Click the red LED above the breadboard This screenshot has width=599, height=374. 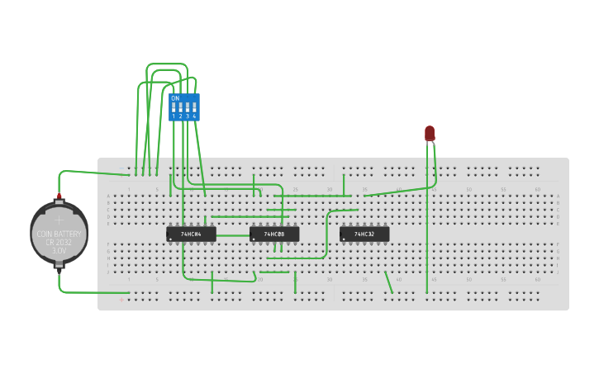click(x=430, y=133)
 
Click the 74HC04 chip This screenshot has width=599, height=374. click(x=191, y=234)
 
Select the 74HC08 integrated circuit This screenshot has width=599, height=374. click(x=274, y=234)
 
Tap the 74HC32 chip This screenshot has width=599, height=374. click(x=364, y=234)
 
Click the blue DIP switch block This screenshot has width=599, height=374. click(x=184, y=107)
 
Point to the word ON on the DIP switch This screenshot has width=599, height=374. click(x=175, y=98)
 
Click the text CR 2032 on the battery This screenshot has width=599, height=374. click(x=59, y=242)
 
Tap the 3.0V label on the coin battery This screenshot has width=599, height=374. click(x=59, y=250)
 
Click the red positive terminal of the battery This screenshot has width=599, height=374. click(x=59, y=196)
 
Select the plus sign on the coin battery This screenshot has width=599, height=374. click(x=59, y=220)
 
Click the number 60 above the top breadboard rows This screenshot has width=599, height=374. click(x=538, y=190)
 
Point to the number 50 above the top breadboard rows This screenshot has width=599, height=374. click(x=468, y=190)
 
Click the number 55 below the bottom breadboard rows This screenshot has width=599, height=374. click(x=503, y=279)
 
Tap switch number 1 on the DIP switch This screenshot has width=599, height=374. click(x=174, y=109)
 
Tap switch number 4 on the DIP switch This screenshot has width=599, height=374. click(x=194, y=109)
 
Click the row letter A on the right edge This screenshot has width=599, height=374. click(x=558, y=196)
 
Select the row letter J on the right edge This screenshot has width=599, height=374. click(x=558, y=272)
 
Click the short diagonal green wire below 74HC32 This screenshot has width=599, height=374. click(x=388, y=282)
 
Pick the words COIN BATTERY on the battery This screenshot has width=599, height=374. click(x=59, y=234)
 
